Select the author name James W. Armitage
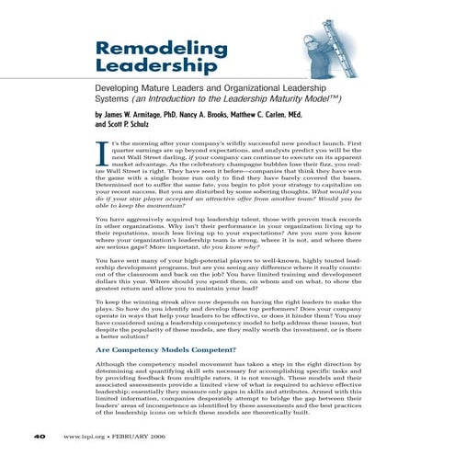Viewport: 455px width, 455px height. pos(149,113)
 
